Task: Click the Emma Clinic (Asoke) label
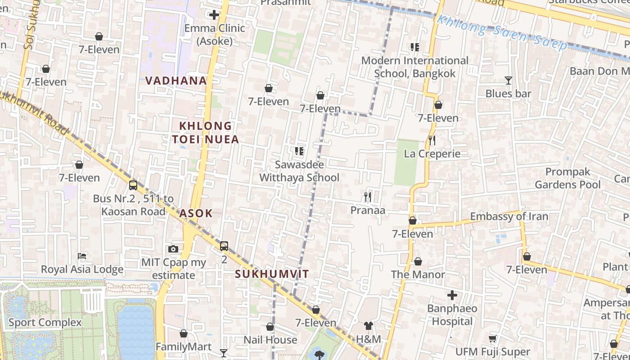coord(215,35)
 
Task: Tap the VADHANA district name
coord(176,81)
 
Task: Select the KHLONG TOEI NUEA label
coord(205,133)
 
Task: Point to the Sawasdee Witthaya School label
coord(299,171)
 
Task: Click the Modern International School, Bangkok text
coord(414,67)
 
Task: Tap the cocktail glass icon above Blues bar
coord(508,81)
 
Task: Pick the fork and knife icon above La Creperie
coord(432,140)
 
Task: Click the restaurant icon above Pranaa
coord(368,197)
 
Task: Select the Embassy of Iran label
coord(509,216)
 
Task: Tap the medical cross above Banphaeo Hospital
coord(452,295)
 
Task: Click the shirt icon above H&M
coord(369,325)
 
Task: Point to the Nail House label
coord(270,340)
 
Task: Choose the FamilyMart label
coord(183,347)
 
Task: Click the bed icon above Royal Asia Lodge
coord(82,256)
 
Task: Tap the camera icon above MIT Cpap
coord(173,249)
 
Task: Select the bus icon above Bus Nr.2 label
coord(133,185)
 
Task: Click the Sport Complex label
coord(45,323)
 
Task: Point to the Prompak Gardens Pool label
coord(567,178)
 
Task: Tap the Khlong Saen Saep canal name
coord(502,33)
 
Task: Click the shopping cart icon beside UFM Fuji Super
coord(493,338)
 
